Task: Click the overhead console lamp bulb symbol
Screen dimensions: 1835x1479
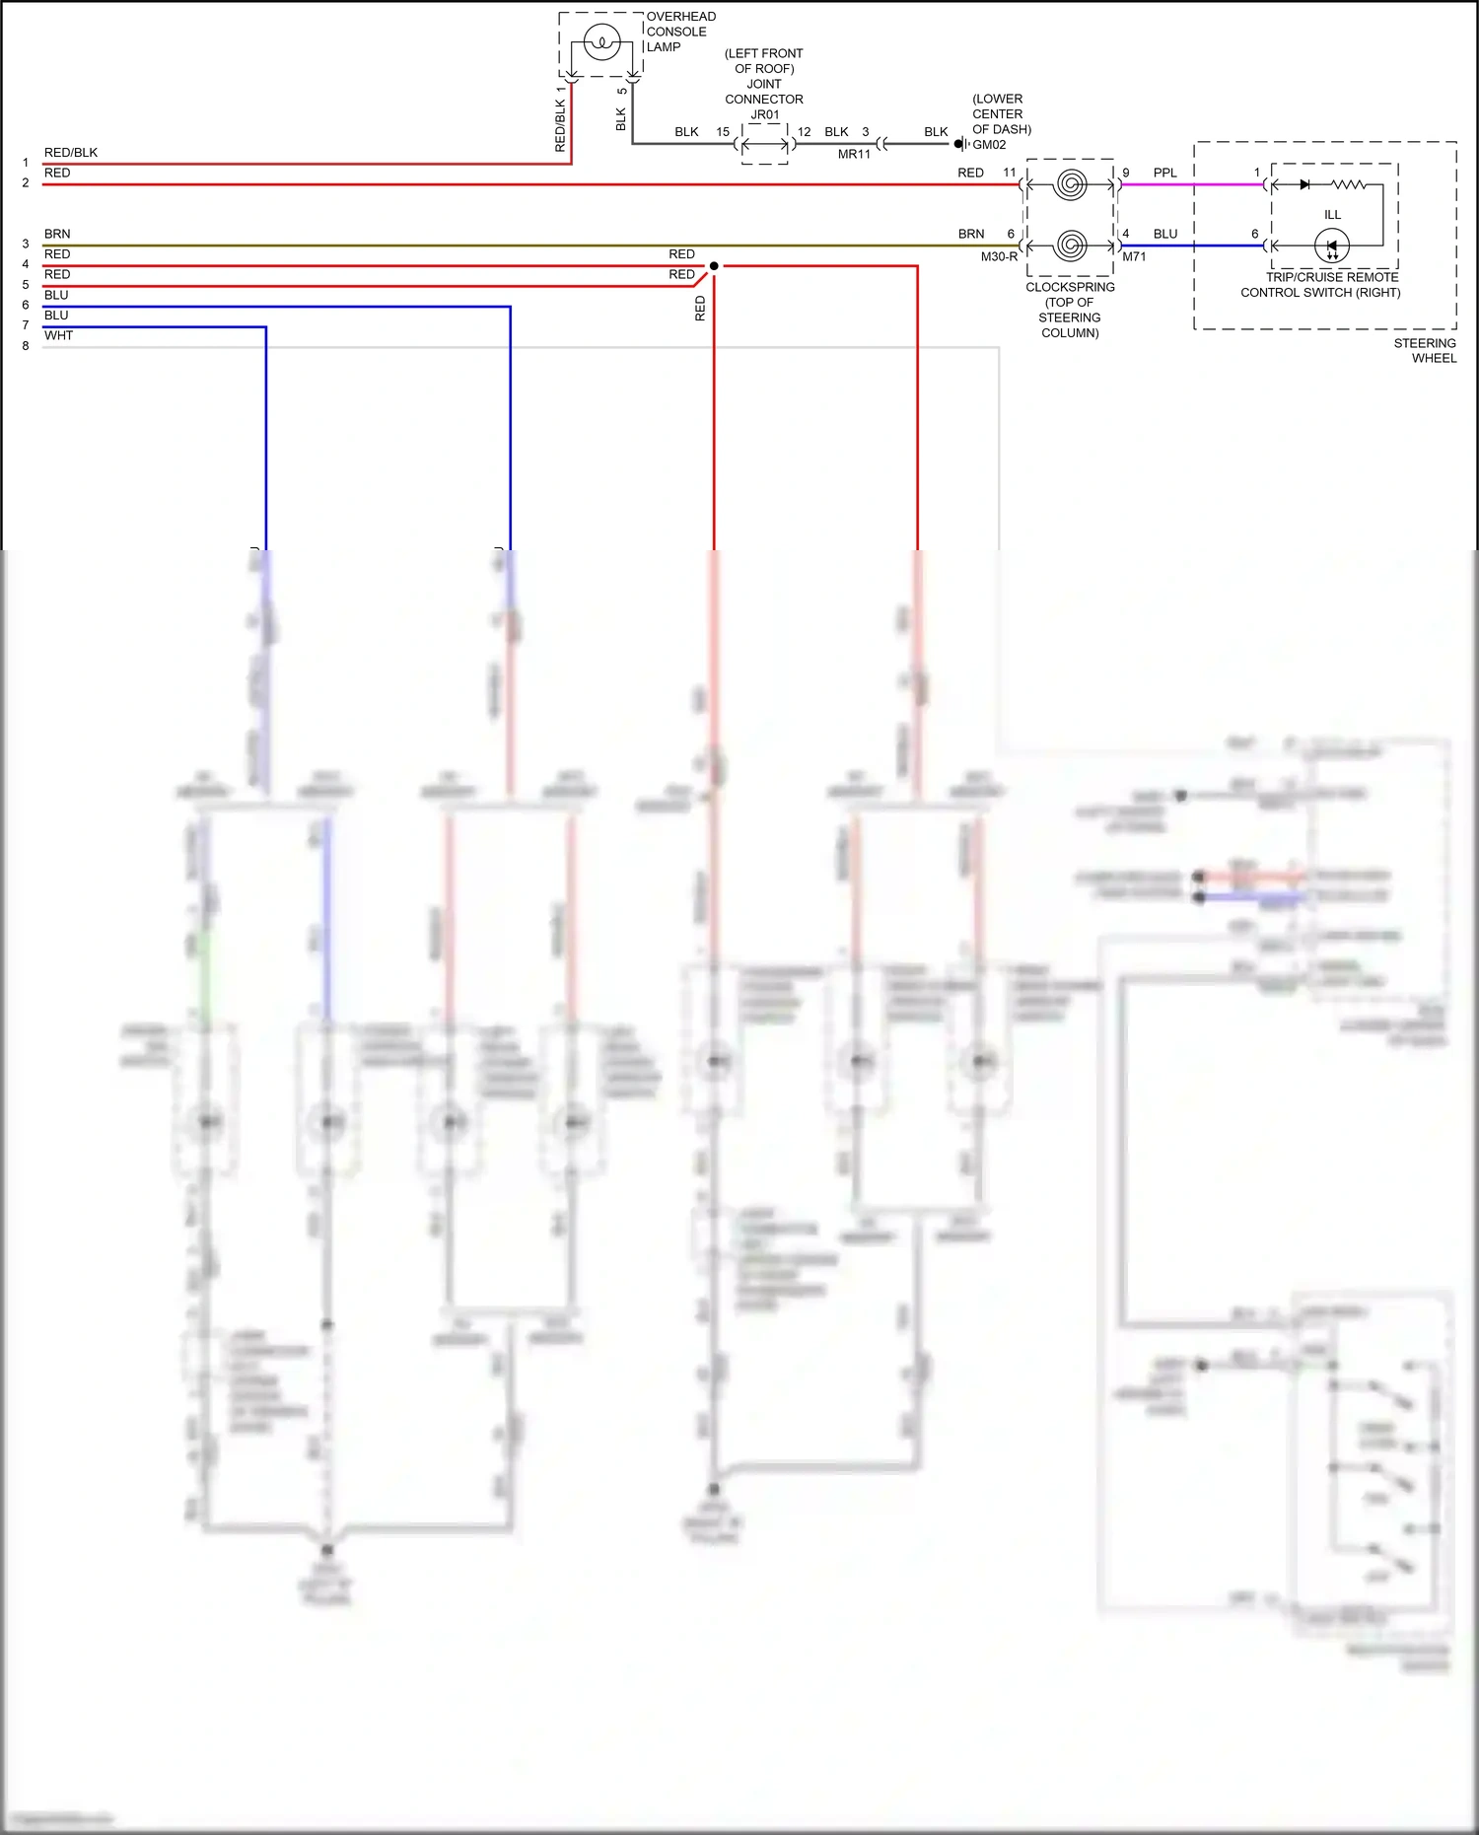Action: tap(600, 43)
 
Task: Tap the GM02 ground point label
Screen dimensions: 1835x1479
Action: tap(989, 145)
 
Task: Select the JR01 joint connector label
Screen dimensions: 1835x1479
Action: tap(764, 114)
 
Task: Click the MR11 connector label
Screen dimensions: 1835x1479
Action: tap(854, 155)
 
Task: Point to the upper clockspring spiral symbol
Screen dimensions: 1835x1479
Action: tap(1070, 184)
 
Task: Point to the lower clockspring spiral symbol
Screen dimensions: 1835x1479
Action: tap(1070, 245)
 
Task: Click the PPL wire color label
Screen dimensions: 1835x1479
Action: tap(1164, 173)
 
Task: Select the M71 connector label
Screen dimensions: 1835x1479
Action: tap(1134, 256)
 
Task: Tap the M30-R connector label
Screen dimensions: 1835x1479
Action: tap(999, 256)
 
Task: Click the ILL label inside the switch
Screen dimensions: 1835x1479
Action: tap(1332, 215)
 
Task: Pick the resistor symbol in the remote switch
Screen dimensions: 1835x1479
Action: tap(1348, 184)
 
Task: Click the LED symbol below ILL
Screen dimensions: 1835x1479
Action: tap(1331, 246)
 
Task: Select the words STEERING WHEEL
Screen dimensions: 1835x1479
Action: tap(1425, 350)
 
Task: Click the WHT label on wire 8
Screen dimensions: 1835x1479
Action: tap(58, 335)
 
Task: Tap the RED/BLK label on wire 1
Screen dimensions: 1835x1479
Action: tap(71, 153)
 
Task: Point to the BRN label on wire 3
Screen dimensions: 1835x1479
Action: tap(57, 234)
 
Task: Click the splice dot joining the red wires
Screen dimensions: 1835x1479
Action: tap(714, 266)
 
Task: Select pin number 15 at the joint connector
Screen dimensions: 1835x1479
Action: tap(723, 132)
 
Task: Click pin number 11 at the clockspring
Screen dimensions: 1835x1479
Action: tap(1009, 173)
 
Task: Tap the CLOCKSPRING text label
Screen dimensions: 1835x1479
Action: tap(1070, 287)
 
